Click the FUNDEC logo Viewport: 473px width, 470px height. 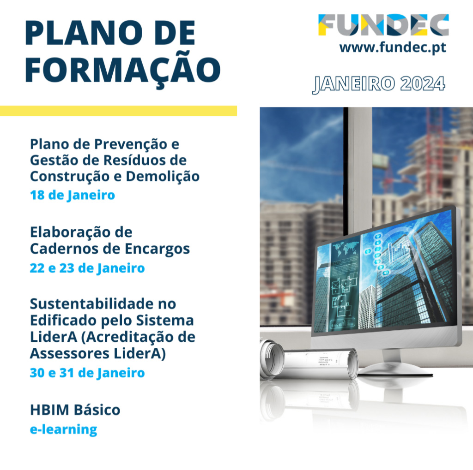pyautogui.click(x=383, y=25)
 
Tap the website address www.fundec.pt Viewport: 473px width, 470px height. pyautogui.click(x=393, y=48)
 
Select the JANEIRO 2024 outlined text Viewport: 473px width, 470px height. pyautogui.click(x=379, y=84)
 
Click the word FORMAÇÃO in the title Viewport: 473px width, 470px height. pyautogui.click(x=123, y=70)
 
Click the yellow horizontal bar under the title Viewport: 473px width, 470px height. pyautogui.click(x=118, y=111)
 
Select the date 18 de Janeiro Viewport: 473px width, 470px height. pyautogui.click(x=73, y=195)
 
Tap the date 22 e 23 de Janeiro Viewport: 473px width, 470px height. pyautogui.click(x=87, y=268)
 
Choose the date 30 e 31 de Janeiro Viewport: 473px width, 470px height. pyautogui.click(x=87, y=373)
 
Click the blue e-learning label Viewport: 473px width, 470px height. pyautogui.click(x=64, y=429)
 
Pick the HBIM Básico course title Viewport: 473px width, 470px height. pyautogui.click(x=75, y=410)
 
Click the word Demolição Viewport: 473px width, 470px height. pyautogui.click(x=163, y=176)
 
